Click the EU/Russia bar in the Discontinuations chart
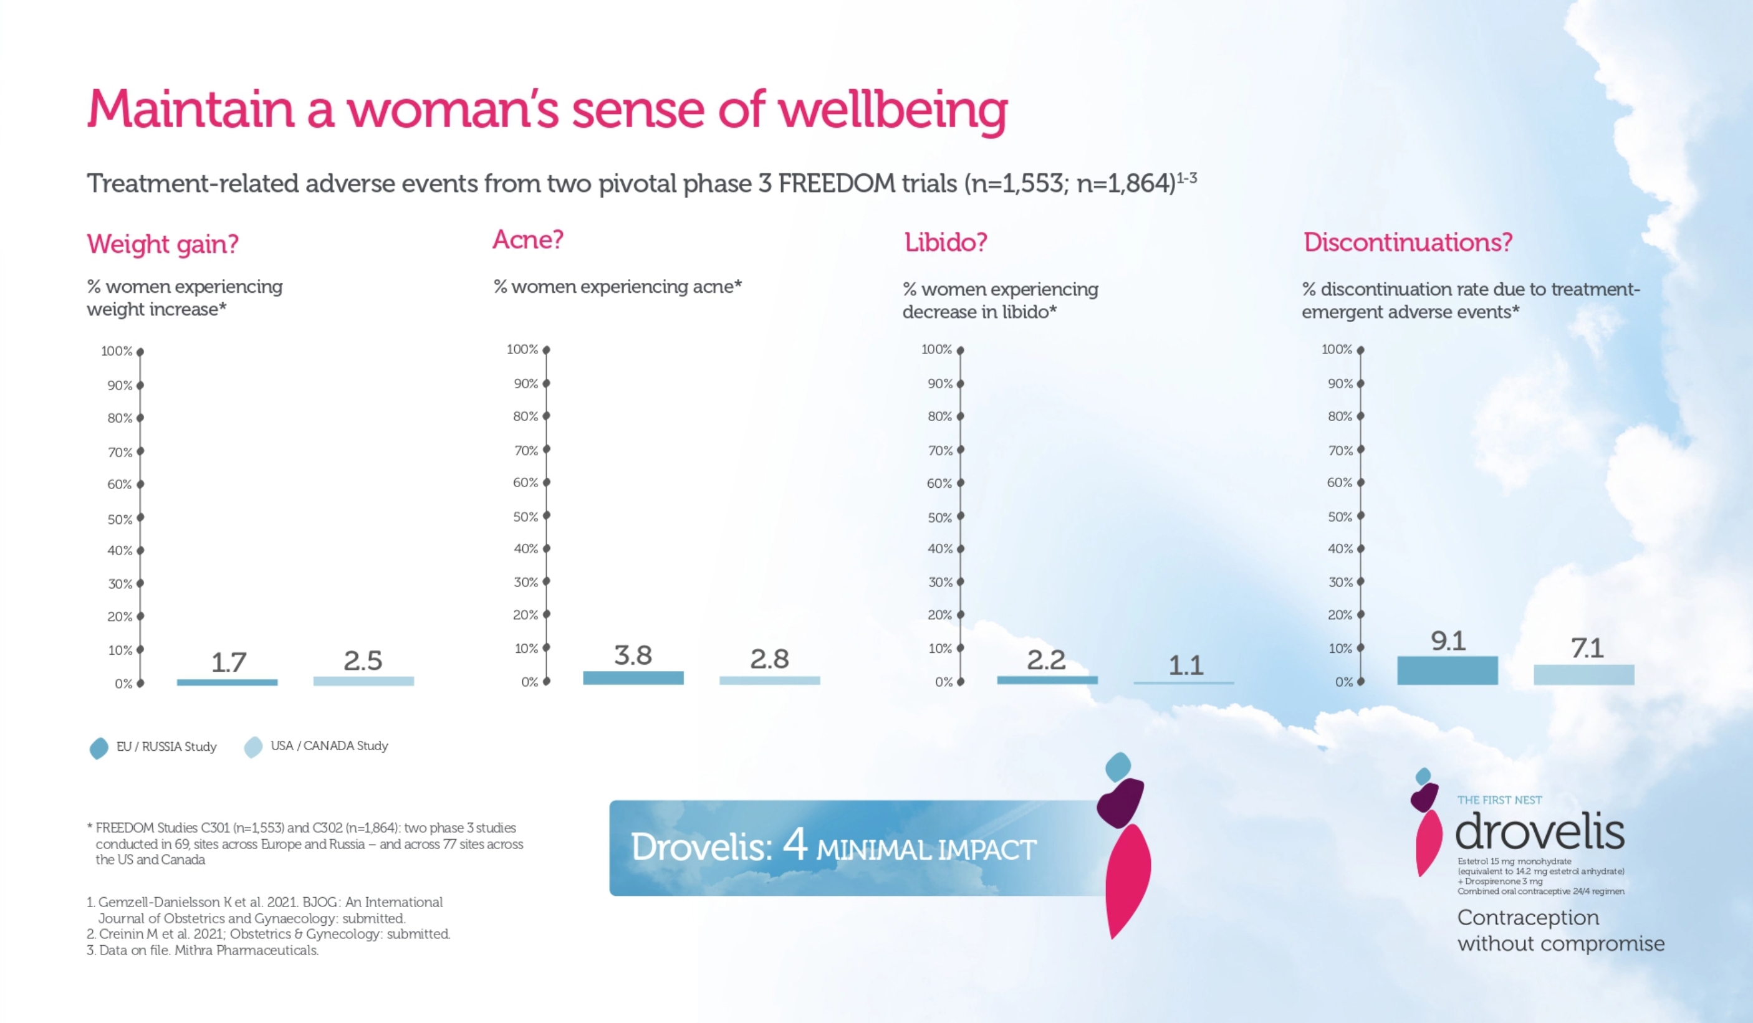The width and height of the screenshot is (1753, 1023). tap(1447, 670)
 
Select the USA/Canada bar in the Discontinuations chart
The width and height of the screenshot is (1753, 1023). tap(1583, 675)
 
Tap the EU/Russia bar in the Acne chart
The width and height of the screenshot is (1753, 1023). tap(633, 677)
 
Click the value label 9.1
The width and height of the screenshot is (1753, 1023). tap(1448, 640)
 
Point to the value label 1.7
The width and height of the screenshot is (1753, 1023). tap(228, 662)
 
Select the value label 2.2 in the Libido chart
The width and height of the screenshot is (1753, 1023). tap(1045, 660)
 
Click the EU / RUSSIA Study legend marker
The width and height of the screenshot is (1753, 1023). tap(98, 748)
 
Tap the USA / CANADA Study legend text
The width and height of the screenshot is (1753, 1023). tap(329, 746)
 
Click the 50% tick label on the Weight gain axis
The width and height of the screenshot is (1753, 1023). tap(119, 520)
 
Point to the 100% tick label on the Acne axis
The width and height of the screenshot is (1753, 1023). tap(522, 349)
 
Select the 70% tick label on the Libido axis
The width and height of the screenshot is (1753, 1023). tap(940, 450)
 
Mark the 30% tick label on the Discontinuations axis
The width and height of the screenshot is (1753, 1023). tap(1340, 582)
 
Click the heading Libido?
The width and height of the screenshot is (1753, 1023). tap(945, 242)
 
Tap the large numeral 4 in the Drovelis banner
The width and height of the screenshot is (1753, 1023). tap(794, 844)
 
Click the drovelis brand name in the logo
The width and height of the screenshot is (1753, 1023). tap(1539, 832)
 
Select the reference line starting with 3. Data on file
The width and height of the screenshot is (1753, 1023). tap(203, 950)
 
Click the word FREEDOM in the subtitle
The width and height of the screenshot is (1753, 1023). tap(836, 184)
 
